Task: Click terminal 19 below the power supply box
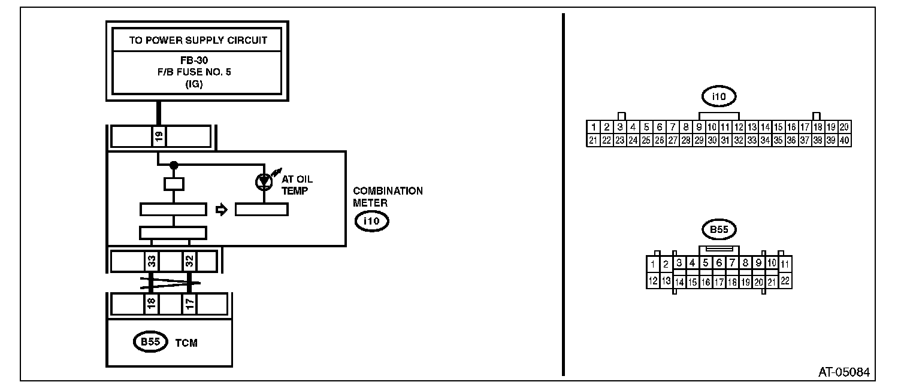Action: (159, 137)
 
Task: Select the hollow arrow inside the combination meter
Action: (221, 210)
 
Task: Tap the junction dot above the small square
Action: (174, 165)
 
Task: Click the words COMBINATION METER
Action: (387, 196)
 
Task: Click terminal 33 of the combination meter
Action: (152, 261)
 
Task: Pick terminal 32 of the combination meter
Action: (189, 261)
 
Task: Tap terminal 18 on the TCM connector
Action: (152, 304)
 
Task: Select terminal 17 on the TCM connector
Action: (189, 304)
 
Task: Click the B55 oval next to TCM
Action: (149, 342)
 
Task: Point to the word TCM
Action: (186, 343)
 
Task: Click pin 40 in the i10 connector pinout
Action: (844, 140)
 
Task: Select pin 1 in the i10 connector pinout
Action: (592, 127)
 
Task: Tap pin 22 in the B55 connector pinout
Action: (785, 280)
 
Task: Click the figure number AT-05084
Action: (844, 372)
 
